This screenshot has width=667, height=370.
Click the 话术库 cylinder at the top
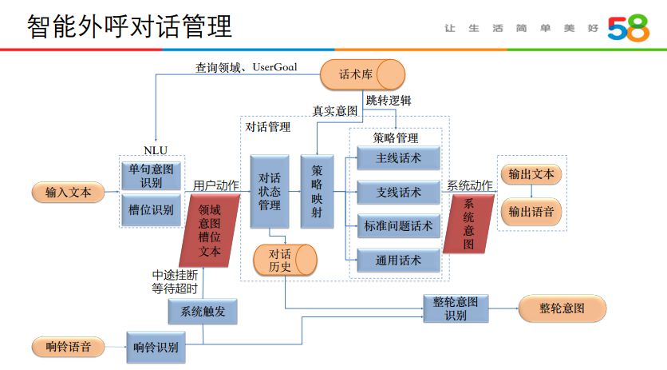[x=361, y=75]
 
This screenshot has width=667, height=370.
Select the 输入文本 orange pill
[x=68, y=193]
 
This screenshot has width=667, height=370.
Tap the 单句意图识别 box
[x=151, y=175]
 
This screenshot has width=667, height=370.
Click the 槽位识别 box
[x=151, y=210]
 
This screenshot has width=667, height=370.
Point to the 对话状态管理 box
[x=269, y=192]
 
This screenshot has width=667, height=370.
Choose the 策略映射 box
[x=317, y=192]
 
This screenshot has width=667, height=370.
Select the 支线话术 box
[x=397, y=193]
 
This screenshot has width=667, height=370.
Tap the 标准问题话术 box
[x=397, y=227]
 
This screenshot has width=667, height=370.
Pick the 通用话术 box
[x=397, y=261]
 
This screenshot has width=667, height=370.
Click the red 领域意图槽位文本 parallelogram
[x=210, y=230]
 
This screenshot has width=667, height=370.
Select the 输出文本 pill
[x=531, y=174]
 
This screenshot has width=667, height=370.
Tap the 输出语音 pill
[x=531, y=212]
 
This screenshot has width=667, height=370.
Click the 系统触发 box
[x=203, y=312]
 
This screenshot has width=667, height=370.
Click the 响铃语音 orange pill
[x=68, y=347]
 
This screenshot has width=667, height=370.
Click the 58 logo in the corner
[x=628, y=28]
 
